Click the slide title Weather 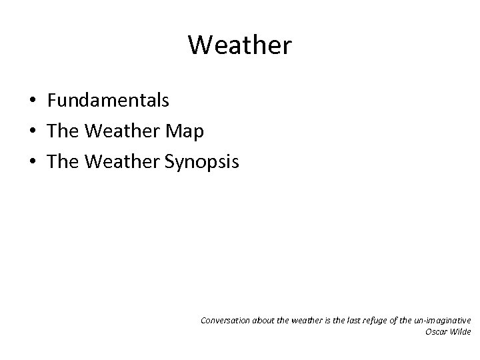(x=239, y=45)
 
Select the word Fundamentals (x=108, y=101)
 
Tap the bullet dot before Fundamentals (x=32, y=101)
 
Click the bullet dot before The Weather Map (x=32, y=132)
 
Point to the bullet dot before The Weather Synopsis (x=32, y=163)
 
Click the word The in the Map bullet (x=63, y=131)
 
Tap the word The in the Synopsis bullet (x=63, y=162)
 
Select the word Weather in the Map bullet (x=120, y=131)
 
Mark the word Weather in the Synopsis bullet (x=120, y=162)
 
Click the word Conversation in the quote (x=225, y=320)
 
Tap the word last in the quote (x=354, y=320)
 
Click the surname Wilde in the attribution (x=461, y=331)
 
